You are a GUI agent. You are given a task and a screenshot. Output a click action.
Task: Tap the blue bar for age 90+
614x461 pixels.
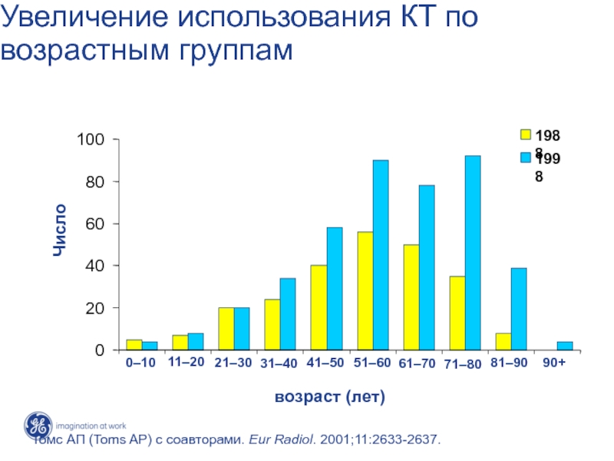[565, 346]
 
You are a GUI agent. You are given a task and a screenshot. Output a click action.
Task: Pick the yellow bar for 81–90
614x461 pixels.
[503, 341]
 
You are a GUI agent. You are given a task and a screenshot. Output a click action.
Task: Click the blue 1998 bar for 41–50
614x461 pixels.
[335, 288]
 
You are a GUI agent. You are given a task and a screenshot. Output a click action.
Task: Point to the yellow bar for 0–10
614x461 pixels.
[134, 344]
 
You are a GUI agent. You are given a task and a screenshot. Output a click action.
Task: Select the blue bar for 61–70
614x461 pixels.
[427, 267]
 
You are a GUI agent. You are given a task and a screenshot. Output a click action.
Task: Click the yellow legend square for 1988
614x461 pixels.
[526, 134]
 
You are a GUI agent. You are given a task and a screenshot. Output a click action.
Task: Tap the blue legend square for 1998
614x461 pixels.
[526, 158]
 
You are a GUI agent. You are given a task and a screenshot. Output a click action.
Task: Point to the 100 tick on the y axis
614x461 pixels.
[90, 140]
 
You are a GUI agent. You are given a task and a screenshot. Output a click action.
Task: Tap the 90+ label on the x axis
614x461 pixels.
[554, 363]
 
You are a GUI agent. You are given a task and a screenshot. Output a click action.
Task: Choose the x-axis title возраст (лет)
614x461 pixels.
[329, 397]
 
